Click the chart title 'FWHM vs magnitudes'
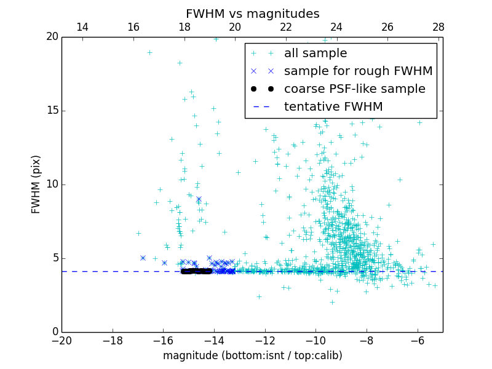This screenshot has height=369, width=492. [x=252, y=14]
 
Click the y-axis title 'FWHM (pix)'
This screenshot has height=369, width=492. [x=36, y=184]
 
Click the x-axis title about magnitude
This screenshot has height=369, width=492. [x=252, y=355]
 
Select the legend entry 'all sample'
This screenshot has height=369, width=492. [x=315, y=54]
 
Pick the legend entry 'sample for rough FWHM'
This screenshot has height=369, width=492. [x=358, y=71]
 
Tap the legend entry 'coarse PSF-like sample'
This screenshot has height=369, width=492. [x=354, y=89]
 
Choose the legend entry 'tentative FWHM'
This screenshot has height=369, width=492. [x=333, y=107]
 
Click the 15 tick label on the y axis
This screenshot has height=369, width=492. [x=52, y=111]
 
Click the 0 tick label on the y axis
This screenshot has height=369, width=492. [x=55, y=332]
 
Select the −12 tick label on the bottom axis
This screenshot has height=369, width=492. [x=264, y=341]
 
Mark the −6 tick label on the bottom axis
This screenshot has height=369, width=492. [x=417, y=341]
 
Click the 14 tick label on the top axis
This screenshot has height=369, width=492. [x=82, y=27]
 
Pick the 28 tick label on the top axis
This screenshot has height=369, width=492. [x=438, y=27]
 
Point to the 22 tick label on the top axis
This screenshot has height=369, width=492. [x=286, y=27]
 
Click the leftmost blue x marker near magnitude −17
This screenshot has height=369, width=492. [x=143, y=258]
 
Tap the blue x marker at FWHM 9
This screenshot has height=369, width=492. [x=199, y=199]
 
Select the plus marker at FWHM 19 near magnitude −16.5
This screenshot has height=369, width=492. [x=149, y=52]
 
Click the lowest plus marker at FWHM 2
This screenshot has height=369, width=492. [x=332, y=302]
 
